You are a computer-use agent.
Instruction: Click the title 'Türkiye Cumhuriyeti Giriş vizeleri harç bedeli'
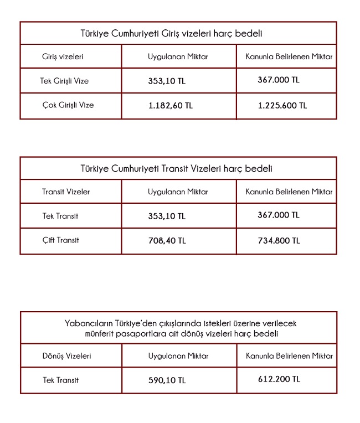point(178,34)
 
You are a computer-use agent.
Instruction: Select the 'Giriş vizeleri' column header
point(63,56)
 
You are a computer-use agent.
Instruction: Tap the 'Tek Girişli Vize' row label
point(64,81)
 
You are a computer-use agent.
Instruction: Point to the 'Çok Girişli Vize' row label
point(68,105)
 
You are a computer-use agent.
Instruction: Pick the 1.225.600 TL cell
point(282,105)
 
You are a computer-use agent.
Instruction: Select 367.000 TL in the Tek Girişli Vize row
point(278,80)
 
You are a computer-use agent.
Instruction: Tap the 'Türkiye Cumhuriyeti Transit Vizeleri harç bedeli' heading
point(178,169)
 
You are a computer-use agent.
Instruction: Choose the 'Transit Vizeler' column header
point(66,192)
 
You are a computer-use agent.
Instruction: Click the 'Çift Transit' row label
point(60,240)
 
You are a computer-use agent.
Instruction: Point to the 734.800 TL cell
point(279,240)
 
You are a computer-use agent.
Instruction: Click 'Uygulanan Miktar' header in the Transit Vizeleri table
point(178,192)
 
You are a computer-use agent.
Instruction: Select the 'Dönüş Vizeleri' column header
point(66,356)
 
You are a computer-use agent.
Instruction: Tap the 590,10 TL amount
point(167,380)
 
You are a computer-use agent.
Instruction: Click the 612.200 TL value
point(279,379)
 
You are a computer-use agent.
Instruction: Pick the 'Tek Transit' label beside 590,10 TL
point(60,380)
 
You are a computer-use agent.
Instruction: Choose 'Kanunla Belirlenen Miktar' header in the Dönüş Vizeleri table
point(289,356)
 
